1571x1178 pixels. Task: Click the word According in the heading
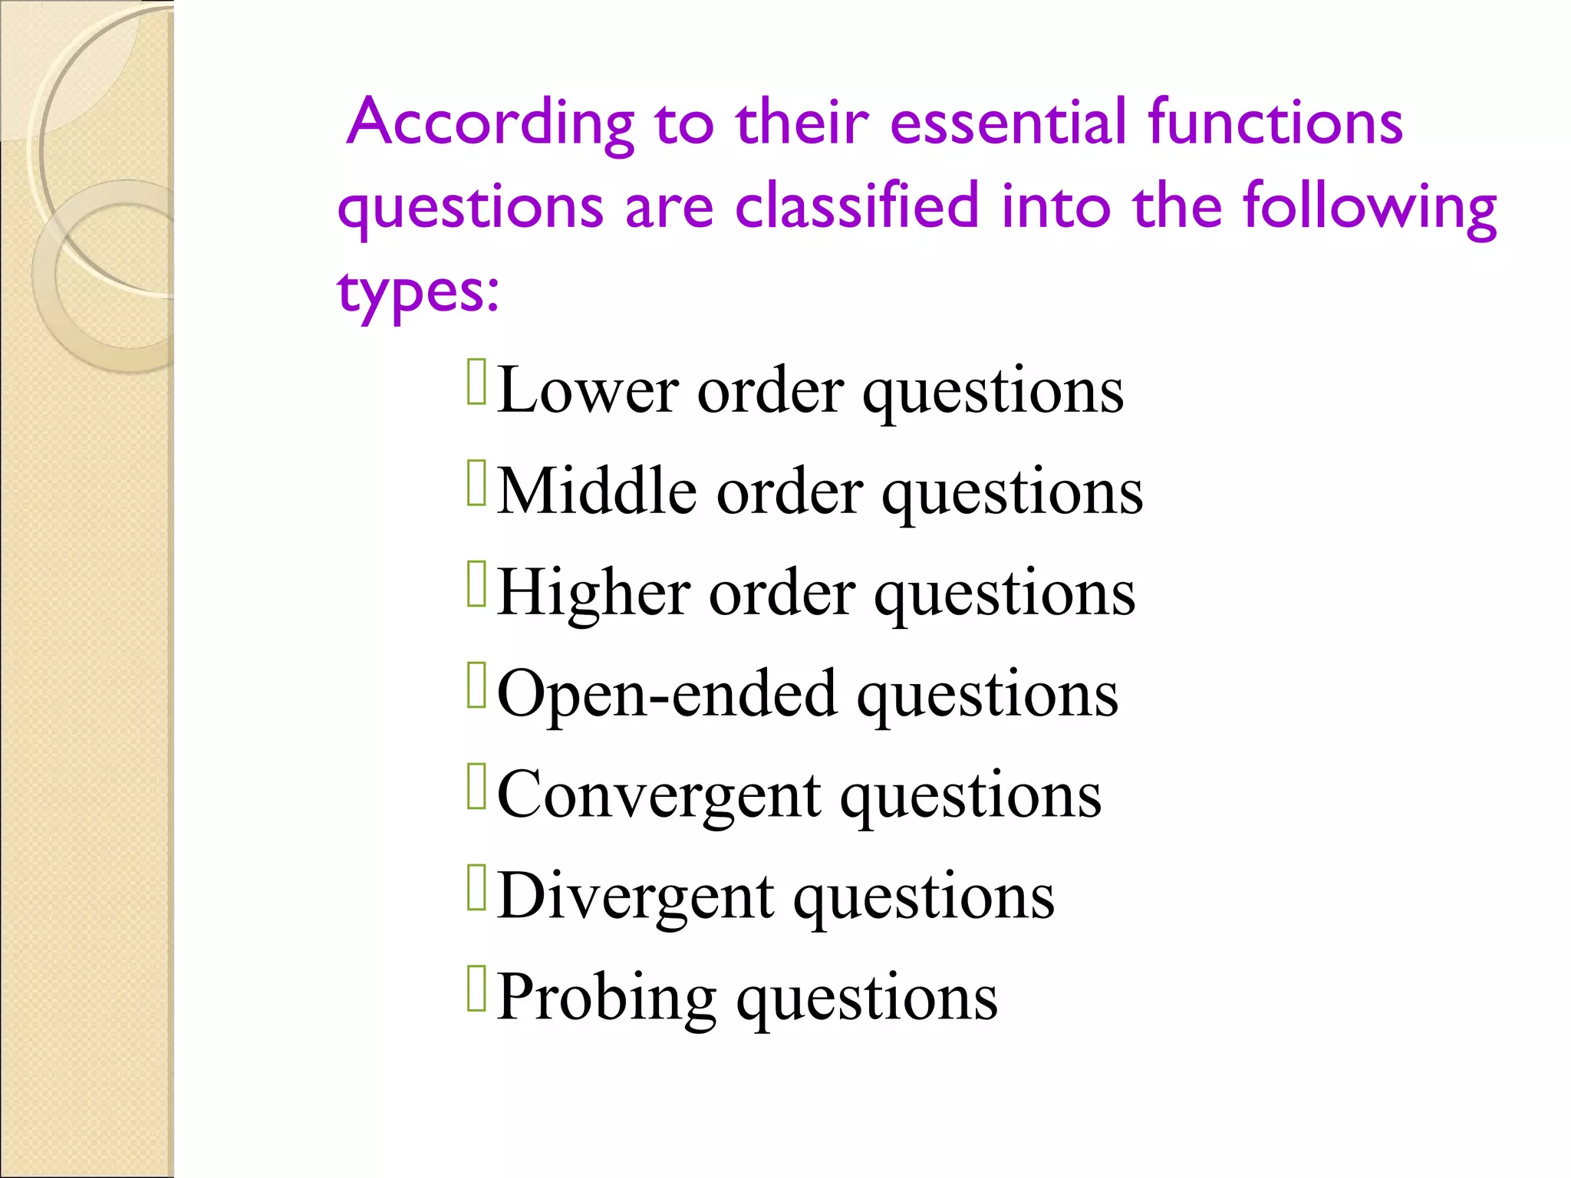[491, 123]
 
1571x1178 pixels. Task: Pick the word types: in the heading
[418, 291]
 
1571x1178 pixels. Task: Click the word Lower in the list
[587, 390]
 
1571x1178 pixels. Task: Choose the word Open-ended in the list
[667, 694]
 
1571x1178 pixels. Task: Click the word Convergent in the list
[659, 795]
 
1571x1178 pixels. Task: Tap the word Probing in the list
[606, 997]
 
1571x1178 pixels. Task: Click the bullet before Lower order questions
[476, 381]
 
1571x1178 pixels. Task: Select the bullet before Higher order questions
[476, 584]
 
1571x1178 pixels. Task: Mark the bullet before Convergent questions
[476, 786]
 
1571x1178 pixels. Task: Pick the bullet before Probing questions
[476, 989]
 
